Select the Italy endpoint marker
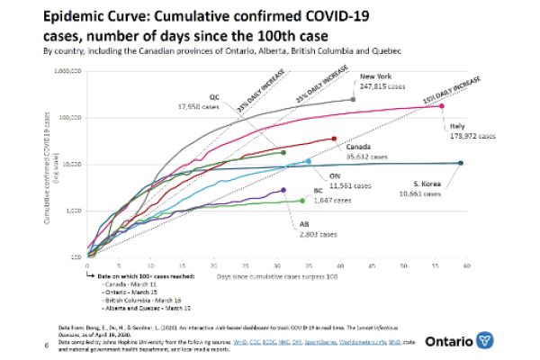coord(441,106)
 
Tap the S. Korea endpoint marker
coord(461,163)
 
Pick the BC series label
coord(318,190)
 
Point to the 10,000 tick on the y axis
coord(72,164)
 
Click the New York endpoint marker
coord(353,99)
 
